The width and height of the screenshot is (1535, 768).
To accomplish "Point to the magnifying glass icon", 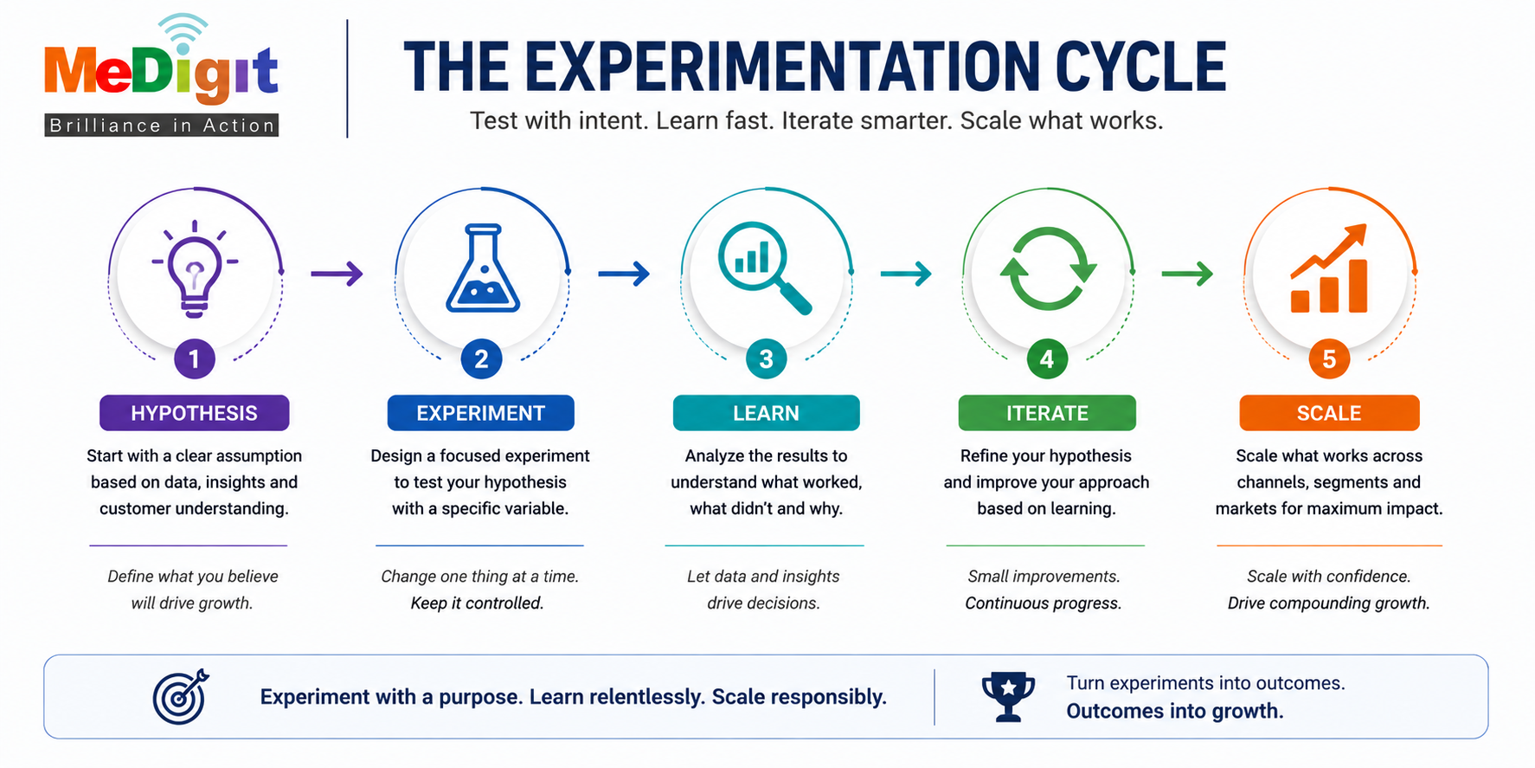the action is tap(765, 268).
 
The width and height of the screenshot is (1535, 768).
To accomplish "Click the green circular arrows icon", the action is tap(1048, 269).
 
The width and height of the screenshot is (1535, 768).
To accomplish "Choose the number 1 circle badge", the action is tap(195, 358).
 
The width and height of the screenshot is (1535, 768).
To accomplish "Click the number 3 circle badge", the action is tap(767, 358).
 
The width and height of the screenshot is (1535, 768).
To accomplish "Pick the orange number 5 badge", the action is tap(1330, 358).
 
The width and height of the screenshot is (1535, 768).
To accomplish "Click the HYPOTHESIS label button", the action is tap(195, 413).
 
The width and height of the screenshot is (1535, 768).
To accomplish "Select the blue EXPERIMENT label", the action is tap(481, 413).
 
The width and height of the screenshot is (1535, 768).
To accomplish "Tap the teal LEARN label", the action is tap(767, 413).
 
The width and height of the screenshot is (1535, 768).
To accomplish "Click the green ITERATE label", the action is tap(1047, 413).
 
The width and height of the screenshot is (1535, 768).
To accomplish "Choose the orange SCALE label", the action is tap(1330, 413).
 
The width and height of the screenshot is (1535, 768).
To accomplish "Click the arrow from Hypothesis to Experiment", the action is tap(337, 274).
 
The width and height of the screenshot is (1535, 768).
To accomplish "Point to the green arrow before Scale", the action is tap(1187, 274).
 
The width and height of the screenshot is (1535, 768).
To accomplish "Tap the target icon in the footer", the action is tap(182, 696).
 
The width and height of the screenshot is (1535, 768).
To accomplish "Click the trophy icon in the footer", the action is tap(1008, 696).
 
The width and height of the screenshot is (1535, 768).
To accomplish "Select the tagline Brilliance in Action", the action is tap(162, 126).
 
